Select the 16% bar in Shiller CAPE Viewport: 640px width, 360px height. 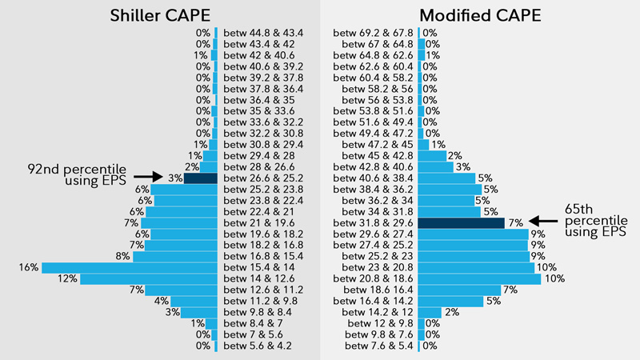[x=129, y=267]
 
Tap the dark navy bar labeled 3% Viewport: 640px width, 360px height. [x=200, y=178]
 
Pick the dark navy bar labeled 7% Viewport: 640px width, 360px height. [x=461, y=222]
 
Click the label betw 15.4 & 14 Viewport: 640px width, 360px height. [x=263, y=267]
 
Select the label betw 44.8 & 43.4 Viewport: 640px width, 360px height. [x=263, y=33]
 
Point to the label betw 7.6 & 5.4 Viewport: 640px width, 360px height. [x=379, y=346]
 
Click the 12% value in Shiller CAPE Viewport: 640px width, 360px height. [x=67, y=278]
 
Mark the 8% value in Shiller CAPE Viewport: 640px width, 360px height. [x=122, y=256]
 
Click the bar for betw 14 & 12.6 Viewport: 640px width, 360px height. [x=149, y=278]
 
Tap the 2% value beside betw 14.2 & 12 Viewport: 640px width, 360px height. [x=451, y=312]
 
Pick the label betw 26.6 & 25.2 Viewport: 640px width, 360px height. [x=263, y=178]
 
